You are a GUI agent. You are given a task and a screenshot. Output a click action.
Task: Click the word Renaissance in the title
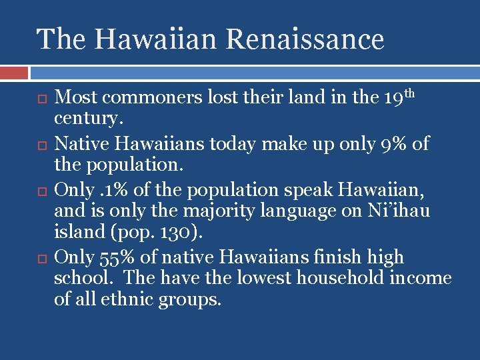(305, 39)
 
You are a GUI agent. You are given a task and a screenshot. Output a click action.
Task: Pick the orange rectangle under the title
(14, 72)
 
